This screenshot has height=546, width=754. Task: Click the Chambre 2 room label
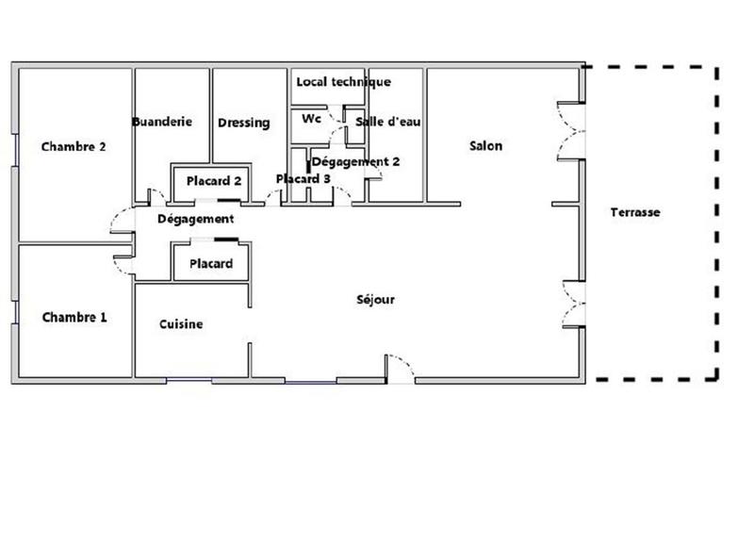[x=73, y=146]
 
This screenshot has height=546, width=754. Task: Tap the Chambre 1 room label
[x=74, y=318]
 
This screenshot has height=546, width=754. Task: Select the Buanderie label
[x=162, y=122]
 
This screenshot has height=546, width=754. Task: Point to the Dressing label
[x=243, y=123]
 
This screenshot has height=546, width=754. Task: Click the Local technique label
[x=343, y=82]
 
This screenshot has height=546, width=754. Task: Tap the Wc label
[x=312, y=120]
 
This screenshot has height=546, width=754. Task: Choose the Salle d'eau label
[x=388, y=122]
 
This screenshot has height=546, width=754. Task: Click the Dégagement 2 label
[x=355, y=161]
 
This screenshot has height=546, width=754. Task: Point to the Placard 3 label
[x=303, y=179]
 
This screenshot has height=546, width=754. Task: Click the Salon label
[x=485, y=146]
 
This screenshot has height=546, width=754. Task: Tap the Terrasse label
[x=634, y=213]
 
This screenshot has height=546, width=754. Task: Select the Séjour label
[x=375, y=300]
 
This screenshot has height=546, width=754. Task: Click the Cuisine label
[x=181, y=323]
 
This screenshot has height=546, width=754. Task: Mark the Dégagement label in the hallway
[x=195, y=219]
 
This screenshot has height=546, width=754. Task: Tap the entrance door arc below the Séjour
[x=401, y=367]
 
